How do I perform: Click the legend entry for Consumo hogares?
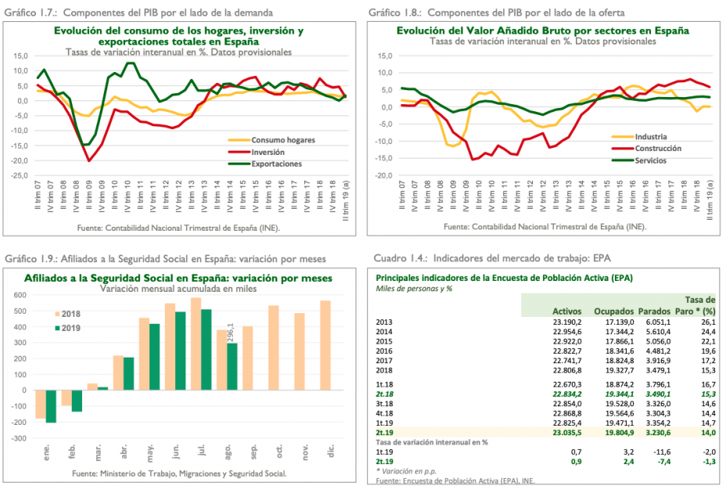point(277,139)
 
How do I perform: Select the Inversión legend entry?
point(268,151)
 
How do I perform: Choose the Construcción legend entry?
point(658,148)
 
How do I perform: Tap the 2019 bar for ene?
point(51,406)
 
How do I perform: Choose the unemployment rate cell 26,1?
point(707,322)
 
